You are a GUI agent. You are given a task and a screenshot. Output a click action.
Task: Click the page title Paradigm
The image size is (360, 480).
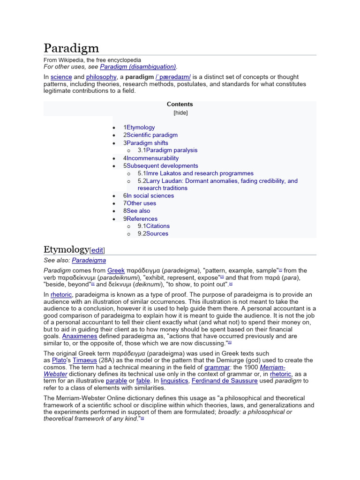(71, 48)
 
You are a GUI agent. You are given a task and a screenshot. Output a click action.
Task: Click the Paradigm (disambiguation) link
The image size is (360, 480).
(138, 67)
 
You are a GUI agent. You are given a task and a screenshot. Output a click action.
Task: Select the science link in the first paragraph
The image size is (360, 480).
(61, 77)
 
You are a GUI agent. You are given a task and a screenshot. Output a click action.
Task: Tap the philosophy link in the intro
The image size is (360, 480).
(101, 77)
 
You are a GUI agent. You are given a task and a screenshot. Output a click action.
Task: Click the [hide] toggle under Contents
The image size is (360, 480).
(180, 112)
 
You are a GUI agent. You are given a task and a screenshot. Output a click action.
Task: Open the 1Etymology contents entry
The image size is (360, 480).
(139, 127)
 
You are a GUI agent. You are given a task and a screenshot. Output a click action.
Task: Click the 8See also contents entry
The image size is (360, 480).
(137, 211)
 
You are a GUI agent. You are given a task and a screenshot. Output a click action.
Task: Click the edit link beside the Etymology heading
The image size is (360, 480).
(97, 250)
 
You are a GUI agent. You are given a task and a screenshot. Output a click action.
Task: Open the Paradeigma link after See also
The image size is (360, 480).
(89, 260)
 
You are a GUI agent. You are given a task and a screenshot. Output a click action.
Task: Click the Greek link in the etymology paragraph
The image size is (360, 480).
(116, 270)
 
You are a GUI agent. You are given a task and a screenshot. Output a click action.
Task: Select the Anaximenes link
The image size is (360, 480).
(80, 337)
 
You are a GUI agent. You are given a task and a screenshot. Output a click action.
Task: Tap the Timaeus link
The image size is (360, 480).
(84, 360)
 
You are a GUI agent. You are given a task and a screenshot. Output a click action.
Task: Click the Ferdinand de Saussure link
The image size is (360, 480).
(225, 381)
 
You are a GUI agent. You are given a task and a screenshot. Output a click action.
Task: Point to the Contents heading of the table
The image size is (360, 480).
(180, 105)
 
